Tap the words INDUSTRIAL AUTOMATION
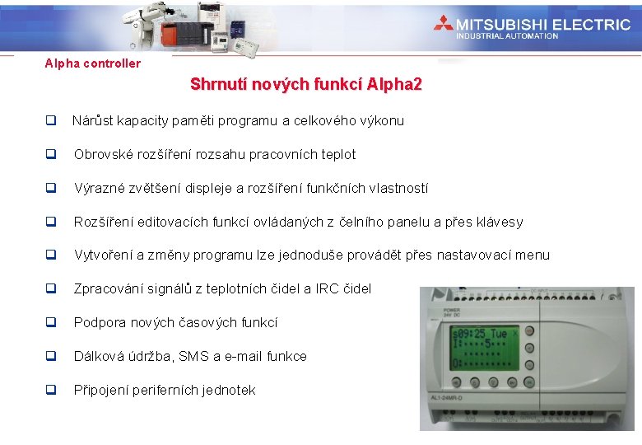507,36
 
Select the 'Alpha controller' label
92,63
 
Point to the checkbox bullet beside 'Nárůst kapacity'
50,120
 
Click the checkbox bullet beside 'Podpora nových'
50,322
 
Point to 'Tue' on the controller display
500,335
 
